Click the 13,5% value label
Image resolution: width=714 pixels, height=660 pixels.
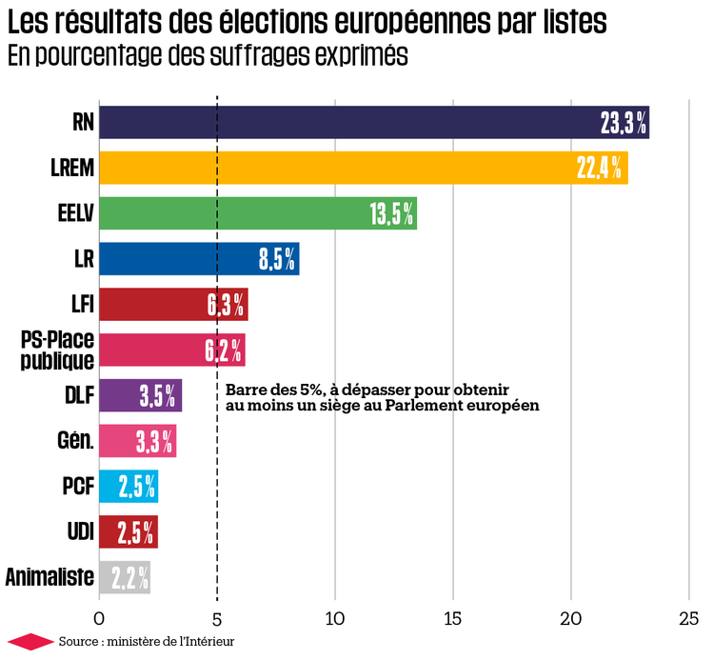pos(391,213)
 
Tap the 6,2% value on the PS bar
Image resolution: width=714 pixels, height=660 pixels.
pos(223,350)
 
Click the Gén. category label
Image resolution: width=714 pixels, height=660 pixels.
pos(75,441)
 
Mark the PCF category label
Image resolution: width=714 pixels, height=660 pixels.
pos(77,487)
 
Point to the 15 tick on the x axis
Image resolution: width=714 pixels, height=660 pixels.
pos(452,616)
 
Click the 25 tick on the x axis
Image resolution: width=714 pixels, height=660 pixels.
pos(688,616)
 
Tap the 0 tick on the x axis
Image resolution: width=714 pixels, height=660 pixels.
pos(99,616)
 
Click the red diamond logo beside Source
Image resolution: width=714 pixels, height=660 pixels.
pos(28,642)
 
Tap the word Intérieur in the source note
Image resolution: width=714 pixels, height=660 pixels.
pos(208,642)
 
